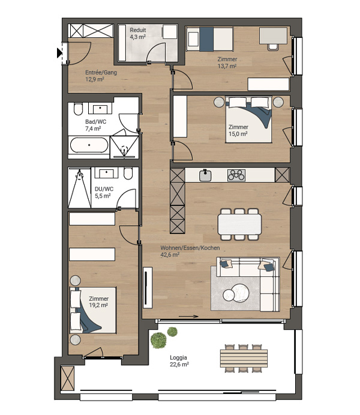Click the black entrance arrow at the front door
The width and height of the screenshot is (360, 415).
59,53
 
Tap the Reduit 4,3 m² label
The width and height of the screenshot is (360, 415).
138,34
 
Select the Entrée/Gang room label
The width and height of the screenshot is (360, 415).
101,72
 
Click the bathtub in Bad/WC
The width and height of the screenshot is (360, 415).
89,145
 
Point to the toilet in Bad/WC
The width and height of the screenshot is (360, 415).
78,109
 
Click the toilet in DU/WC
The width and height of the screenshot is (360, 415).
128,173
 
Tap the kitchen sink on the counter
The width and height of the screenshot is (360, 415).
205,175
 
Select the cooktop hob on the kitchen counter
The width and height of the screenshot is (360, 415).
236,175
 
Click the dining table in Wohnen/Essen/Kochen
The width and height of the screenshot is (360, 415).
239,224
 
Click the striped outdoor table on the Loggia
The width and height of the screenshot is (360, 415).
244,359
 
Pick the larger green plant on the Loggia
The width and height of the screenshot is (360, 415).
158,340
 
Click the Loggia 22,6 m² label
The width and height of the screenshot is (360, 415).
179,361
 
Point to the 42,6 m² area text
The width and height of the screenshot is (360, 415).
170,255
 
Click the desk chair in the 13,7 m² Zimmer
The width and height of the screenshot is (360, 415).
273,47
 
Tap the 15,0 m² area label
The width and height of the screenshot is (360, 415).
238,134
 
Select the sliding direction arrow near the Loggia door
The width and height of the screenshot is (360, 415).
188,317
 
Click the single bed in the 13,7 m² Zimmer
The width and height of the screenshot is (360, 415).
210,39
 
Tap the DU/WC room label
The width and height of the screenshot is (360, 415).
104,189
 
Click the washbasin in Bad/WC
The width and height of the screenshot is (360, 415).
100,109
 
